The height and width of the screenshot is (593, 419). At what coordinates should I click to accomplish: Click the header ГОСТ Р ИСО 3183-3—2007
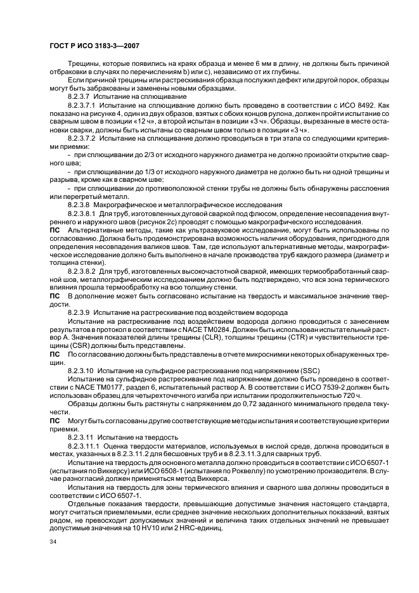(x=94, y=46)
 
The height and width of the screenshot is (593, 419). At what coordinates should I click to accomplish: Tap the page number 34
(x=53, y=541)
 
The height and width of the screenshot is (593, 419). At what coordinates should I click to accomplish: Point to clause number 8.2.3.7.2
(x=84, y=137)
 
